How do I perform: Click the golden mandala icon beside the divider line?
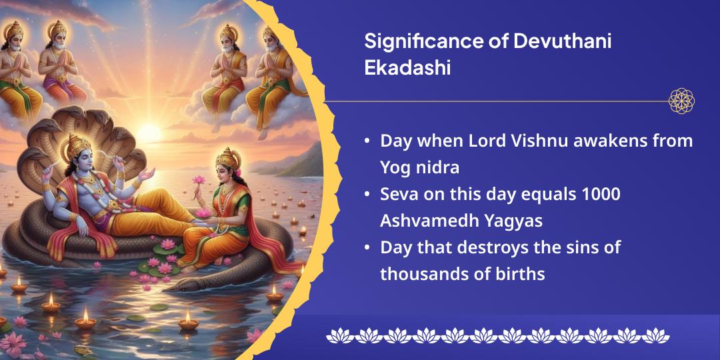[x=681, y=101]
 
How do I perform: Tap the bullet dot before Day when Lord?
[x=367, y=141]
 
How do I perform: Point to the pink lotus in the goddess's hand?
[x=198, y=180]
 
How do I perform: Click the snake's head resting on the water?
[x=183, y=287]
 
